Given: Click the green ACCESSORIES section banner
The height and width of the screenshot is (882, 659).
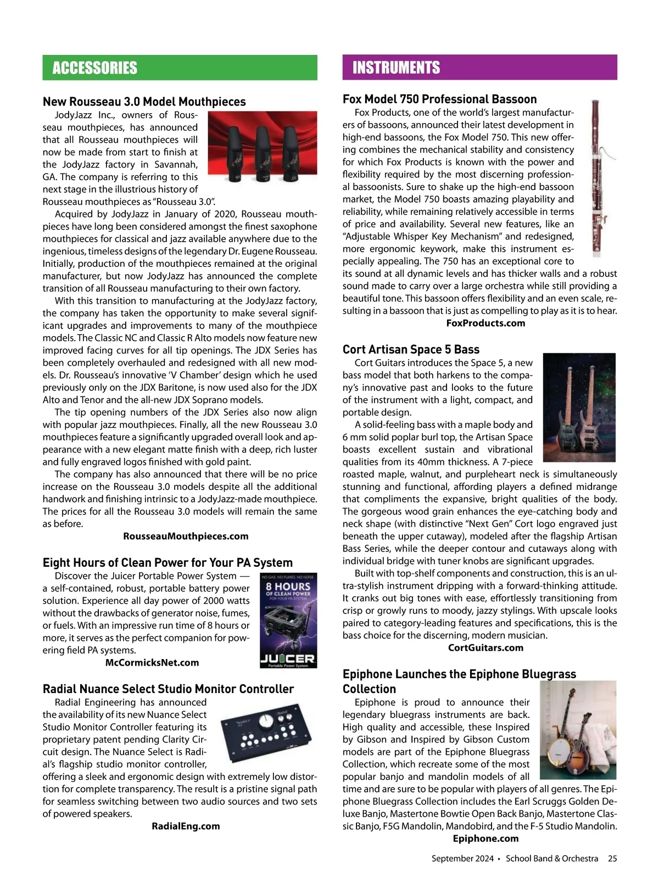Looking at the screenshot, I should click(180, 68).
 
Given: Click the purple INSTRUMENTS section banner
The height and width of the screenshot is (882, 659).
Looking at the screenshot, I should click(479, 68).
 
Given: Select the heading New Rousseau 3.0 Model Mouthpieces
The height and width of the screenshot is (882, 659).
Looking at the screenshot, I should click(144, 102).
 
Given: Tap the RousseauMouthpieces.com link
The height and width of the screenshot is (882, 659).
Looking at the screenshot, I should click(186, 536).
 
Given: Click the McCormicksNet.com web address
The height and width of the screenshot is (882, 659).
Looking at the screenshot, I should click(152, 662).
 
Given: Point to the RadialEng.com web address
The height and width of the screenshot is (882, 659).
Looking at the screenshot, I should click(186, 826).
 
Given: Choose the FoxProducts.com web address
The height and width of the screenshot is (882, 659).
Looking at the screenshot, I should click(485, 323).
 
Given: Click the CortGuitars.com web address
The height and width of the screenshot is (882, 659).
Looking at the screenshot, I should click(485, 647).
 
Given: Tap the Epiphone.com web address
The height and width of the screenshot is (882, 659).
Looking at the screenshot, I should click(485, 838).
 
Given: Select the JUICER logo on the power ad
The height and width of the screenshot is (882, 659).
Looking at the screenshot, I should click(288, 658).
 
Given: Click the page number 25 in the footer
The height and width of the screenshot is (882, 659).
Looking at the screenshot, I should click(612, 858).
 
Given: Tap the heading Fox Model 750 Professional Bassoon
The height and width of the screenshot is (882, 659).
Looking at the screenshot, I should click(439, 99).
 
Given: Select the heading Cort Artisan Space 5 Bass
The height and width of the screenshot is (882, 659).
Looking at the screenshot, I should click(411, 349).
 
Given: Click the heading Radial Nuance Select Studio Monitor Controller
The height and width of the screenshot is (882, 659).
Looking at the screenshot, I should click(168, 689).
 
